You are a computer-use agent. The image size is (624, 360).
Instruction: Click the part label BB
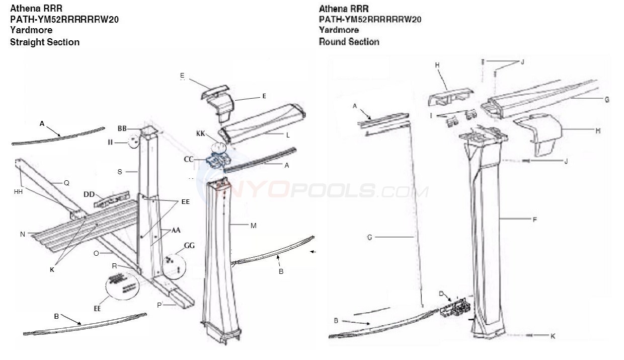[122, 128]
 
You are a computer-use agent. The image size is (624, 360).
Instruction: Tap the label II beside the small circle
[110, 142]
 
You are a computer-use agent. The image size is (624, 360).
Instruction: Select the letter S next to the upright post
[120, 172]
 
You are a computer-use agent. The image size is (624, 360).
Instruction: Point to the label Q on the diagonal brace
[66, 183]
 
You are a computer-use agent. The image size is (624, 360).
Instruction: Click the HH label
[19, 192]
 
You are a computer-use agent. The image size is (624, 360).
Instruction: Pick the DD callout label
[89, 193]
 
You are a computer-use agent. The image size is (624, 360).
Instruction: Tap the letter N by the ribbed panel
[23, 234]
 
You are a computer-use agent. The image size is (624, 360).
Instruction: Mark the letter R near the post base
[114, 265]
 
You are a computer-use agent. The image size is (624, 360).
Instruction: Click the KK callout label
[201, 133]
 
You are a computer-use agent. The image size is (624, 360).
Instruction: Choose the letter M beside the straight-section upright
[253, 226]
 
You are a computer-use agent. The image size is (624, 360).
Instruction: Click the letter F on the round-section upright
[535, 219]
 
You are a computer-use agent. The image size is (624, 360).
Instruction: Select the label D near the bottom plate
[441, 293]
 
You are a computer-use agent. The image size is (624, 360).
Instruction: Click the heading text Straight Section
[45, 42]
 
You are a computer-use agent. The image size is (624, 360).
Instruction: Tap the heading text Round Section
[349, 42]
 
